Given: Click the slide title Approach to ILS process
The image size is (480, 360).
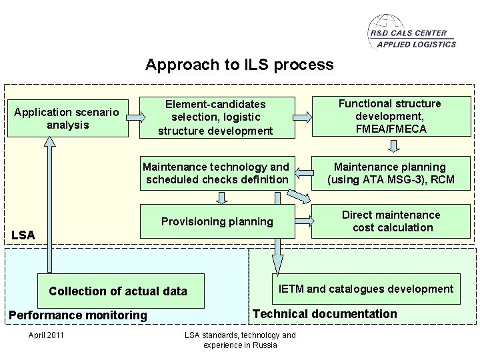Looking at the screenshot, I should tap(239, 65).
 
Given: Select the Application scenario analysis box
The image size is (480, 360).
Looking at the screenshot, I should tap(66, 118).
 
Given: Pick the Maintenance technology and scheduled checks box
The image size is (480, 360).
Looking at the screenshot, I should tap(217, 173).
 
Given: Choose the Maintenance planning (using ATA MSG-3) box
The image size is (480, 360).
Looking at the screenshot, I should tap(391, 173).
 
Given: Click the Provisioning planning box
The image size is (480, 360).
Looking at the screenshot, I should tap(217, 221).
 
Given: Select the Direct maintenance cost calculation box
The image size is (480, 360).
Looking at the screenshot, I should tap(391, 221).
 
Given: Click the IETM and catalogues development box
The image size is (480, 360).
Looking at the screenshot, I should tap(365, 289).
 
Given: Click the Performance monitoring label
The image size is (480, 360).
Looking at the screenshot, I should tap(77, 315).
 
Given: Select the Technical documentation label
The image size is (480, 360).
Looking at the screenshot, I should tap(325, 314).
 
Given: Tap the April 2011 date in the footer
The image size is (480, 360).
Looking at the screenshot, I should tap(46, 335).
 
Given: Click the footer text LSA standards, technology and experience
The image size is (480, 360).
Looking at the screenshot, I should tap(239, 340).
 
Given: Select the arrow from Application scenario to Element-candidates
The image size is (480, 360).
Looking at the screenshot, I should tap(135, 117).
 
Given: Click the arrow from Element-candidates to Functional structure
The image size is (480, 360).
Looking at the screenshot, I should tap(302, 117).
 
